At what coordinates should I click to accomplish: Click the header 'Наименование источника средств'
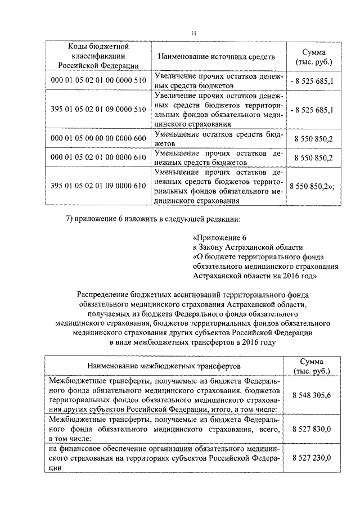click(x=216, y=57)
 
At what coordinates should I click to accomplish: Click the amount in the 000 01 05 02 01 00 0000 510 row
click(x=312, y=81)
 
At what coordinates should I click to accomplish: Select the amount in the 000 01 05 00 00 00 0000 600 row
click(x=313, y=138)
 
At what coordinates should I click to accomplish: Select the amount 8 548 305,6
click(x=312, y=395)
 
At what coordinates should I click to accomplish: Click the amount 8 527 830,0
click(x=312, y=429)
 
